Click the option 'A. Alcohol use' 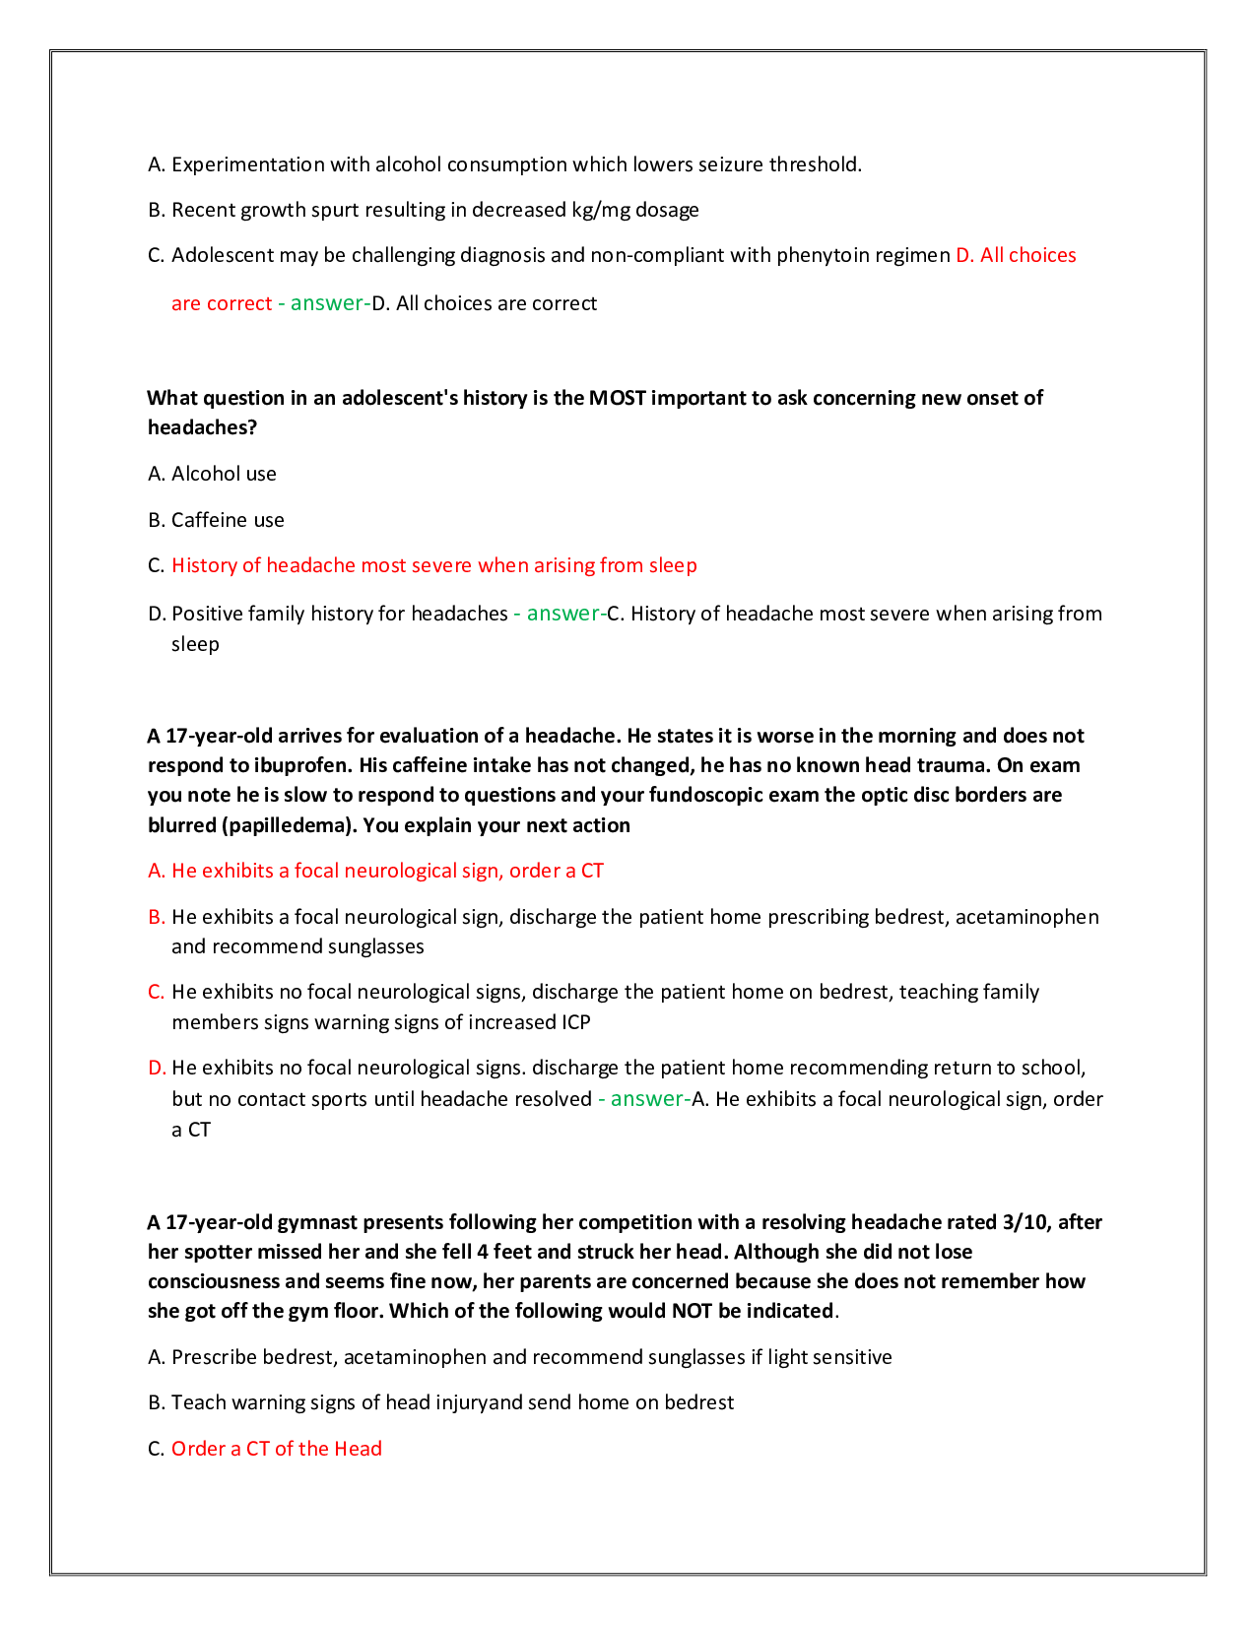212,474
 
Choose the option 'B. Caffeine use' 216,520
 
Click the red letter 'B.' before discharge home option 156,917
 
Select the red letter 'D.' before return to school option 157,1068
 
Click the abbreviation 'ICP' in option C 575,1022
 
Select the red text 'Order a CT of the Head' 276,1449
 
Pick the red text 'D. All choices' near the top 1016,255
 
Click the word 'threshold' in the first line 814,164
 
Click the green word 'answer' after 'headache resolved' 647,1099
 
